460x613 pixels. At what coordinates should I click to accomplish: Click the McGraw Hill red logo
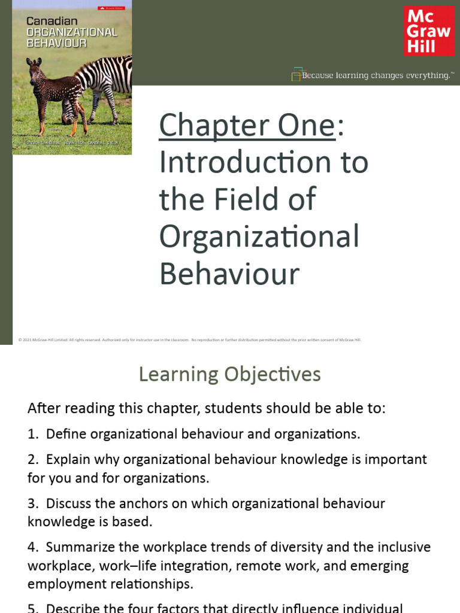click(429, 31)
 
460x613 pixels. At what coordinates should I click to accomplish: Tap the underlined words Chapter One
click(247, 125)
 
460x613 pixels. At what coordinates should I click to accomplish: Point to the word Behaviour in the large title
click(229, 274)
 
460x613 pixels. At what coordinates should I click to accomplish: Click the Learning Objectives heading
click(229, 374)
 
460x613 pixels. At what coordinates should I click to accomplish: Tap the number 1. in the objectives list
click(33, 434)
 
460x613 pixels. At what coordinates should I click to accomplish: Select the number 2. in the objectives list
click(33, 460)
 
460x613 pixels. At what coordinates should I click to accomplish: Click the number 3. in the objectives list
click(33, 503)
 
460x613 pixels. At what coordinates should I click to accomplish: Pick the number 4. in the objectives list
click(33, 547)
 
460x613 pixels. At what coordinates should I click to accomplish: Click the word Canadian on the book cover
click(47, 21)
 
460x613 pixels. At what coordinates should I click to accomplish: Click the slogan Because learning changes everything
click(376, 75)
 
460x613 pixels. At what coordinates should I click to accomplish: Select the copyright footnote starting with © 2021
click(189, 339)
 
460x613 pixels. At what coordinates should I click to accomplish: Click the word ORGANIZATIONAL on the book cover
click(71, 32)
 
